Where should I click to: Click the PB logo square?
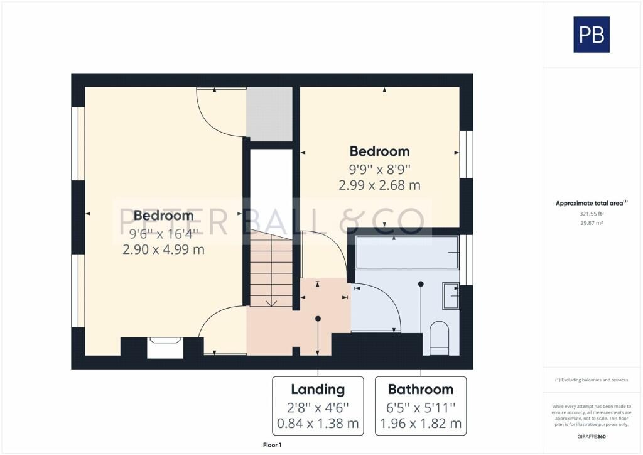click(x=592, y=35)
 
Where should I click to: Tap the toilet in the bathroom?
click(x=439, y=338)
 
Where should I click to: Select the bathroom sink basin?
click(x=451, y=295)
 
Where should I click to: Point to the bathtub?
click(x=407, y=252)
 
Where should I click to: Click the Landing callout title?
click(x=318, y=390)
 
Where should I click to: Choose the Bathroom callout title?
click(x=421, y=389)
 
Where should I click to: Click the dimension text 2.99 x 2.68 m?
click(x=380, y=185)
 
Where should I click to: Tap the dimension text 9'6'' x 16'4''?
click(x=164, y=233)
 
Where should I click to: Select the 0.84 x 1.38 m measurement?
click(x=318, y=424)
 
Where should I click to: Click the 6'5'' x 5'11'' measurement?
click(x=421, y=408)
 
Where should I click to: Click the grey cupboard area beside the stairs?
click(x=269, y=114)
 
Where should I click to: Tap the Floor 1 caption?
click(x=273, y=445)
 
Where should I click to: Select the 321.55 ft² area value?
click(x=592, y=214)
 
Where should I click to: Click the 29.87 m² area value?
click(x=592, y=223)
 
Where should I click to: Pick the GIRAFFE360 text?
click(x=592, y=437)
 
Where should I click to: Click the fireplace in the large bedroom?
click(x=165, y=348)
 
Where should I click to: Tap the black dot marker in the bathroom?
click(x=421, y=284)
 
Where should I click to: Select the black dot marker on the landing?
click(x=318, y=319)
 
